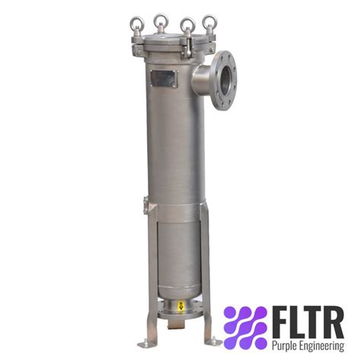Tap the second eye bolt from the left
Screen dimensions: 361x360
[161, 21]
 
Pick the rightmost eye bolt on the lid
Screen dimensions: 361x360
[209, 24]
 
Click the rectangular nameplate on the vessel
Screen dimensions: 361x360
[163, 78]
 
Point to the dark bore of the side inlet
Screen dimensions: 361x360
[226, 81]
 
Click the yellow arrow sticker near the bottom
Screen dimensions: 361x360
[180, 306]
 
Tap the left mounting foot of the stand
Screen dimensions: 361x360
[148, 343]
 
